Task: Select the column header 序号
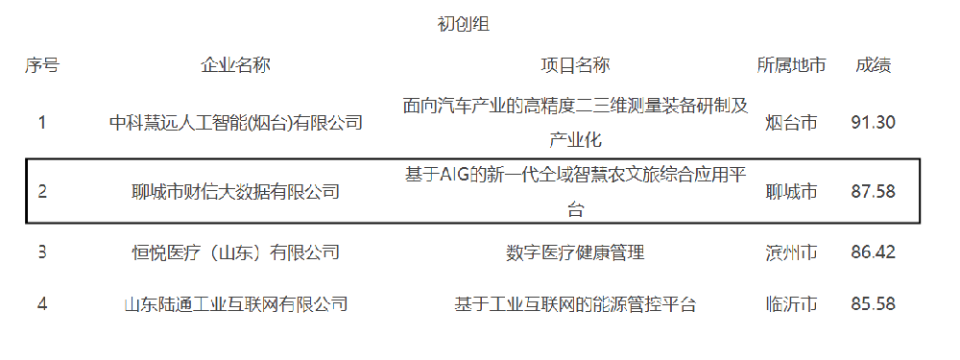point(42,65)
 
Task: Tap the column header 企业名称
point(235,65)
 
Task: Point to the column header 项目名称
point(575,65)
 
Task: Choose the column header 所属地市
point(791,65)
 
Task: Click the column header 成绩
point(874,65)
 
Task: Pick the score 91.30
point(874,122)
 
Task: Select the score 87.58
point(874,191)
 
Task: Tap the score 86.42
point(874,252)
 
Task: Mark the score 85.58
point(874,304)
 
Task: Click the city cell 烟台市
point(791,122)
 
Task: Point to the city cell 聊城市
point(791,191)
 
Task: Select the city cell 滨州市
point(791,252)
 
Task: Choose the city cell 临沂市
point(791,304)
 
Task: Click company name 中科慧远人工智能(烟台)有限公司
point(235,122)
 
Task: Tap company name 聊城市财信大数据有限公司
point(235,191)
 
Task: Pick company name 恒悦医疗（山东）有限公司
point(235,252)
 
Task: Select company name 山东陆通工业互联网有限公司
point(235,304)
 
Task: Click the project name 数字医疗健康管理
point(575,252)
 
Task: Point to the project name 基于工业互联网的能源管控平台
point(575,304)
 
